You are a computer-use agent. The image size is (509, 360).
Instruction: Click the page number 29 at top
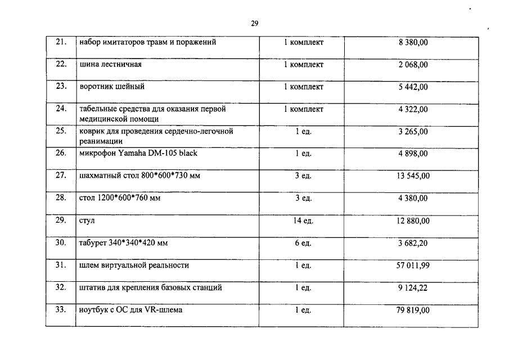click(254, 24)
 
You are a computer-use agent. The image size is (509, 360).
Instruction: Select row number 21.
click(61, 42)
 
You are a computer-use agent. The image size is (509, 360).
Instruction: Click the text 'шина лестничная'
click(111, 65)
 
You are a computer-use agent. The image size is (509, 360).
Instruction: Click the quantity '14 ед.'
click(303, 220)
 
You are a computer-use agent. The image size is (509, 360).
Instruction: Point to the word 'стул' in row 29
click(87, 221)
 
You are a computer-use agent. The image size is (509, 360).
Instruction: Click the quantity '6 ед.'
click(303, 243)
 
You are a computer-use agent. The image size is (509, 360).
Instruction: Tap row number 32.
click(61, 287)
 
